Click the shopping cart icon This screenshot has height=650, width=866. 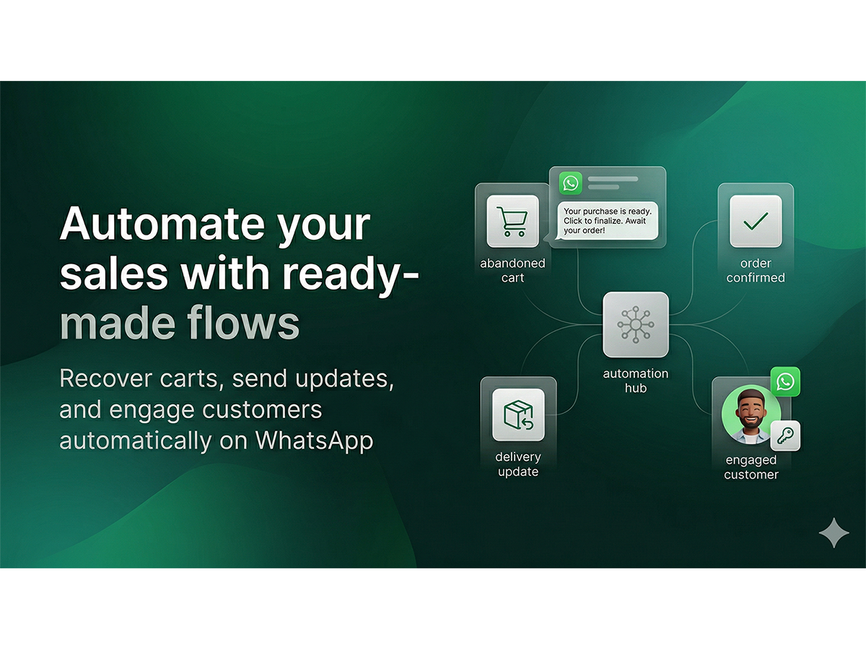pos(512,222)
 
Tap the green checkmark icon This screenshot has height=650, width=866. pos(756,221)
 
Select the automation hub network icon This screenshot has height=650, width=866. pos(636,324)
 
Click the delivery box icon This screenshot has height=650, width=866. pos(518,415)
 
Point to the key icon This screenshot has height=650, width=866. pos(785,436)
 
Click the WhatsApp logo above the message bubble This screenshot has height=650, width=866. pos(571,183)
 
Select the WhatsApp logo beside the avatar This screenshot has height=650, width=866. pos(785,381)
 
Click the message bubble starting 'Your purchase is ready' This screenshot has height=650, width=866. pos(607,221)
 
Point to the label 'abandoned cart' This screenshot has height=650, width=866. pos(512,270)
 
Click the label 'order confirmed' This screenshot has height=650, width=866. pos(756,270)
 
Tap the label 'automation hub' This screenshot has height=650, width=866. pos(636,381)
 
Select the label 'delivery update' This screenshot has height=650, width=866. pos(518,464)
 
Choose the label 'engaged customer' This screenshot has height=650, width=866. pos(751,467)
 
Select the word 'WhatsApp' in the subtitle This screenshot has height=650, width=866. pos(314,440)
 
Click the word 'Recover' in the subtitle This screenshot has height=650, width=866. pos(106,378)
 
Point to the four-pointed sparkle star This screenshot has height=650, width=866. pos(834,533)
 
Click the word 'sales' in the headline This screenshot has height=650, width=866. pos(114,274)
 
